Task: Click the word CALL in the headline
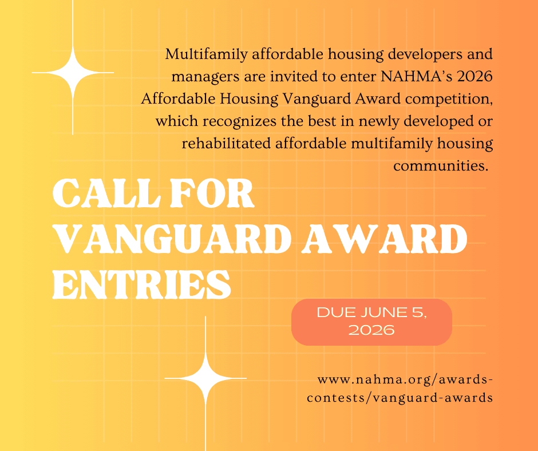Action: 106,193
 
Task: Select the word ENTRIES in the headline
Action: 142,284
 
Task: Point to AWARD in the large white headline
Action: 384,239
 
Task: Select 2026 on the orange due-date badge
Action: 371,330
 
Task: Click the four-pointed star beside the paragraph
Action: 73,73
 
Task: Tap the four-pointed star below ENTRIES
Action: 205,378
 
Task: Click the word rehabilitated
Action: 226,143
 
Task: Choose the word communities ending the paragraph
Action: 441,166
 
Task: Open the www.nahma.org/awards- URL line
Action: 405,380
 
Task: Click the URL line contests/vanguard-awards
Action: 399,398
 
